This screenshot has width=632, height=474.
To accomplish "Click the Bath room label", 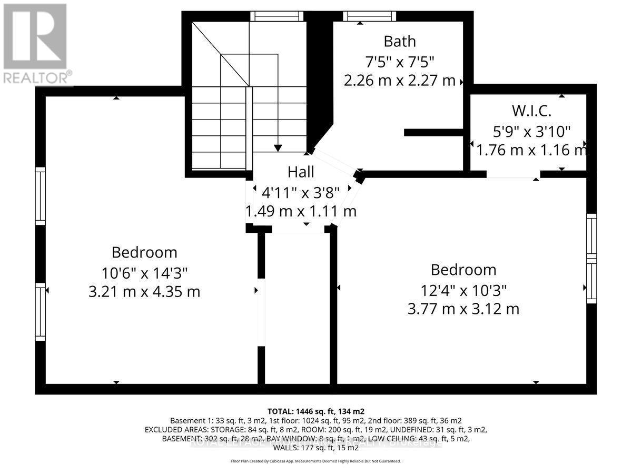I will (x=399, y=41).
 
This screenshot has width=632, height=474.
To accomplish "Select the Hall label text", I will (x=301, y=172).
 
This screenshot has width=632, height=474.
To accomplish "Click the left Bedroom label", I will (x=144, y=252).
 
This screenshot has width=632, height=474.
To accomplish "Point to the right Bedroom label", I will (x=463, y=270).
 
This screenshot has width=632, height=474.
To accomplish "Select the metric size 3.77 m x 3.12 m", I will (x=463, y=308).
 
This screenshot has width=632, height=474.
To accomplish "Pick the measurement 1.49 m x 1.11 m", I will (x=301, y=211).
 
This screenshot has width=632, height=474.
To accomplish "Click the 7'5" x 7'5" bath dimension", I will (x=399, y=61).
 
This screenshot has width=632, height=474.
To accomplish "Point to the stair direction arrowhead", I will (x=278, y=148).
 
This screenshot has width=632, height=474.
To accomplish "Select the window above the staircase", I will (x=278, y=16).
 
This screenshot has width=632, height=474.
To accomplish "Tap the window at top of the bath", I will (x=369, y=16).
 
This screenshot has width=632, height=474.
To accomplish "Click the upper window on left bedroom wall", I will (x=40, y=196).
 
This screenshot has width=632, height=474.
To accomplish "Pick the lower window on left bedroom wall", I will (x=40, y=311).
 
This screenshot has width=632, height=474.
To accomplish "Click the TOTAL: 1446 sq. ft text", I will (x=316, y=411).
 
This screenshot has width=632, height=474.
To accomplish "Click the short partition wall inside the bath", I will (x=433, y=132).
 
